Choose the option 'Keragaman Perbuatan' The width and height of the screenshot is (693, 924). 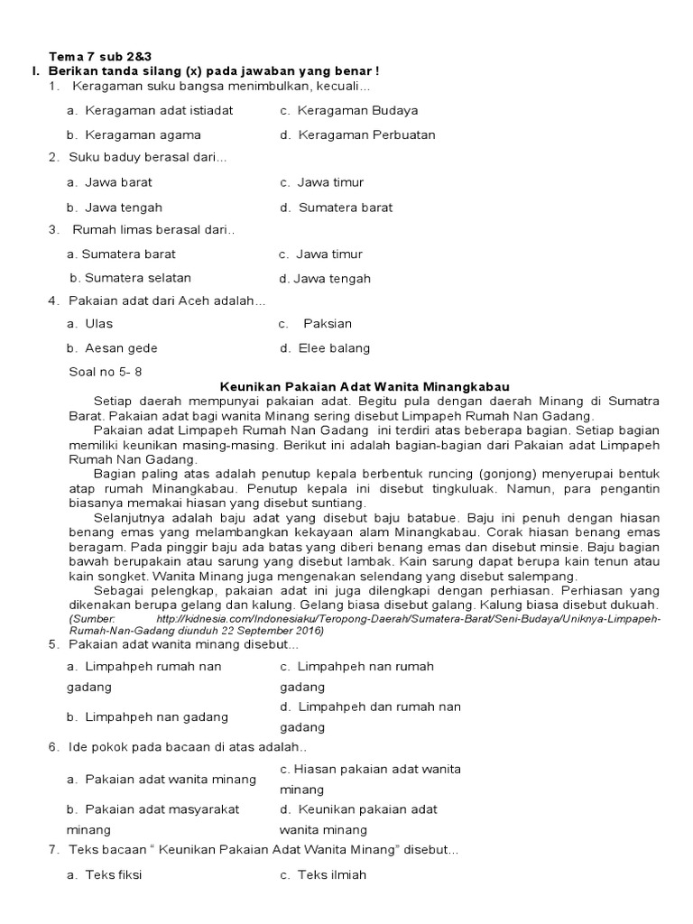pyautogui.click(x=366, y=134)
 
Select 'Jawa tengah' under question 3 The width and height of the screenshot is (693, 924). pyautogui.click(x=331, y=279)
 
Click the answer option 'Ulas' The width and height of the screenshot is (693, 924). pyautogui.click(x=98, y=323)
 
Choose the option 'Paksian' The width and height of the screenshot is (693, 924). pyautogui.click(x=328, y=323)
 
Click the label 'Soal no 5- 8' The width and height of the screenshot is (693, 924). pyautogui.click(x=106, y=371)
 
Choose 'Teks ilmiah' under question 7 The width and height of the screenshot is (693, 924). pyautogui.click(x=332, y=874)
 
